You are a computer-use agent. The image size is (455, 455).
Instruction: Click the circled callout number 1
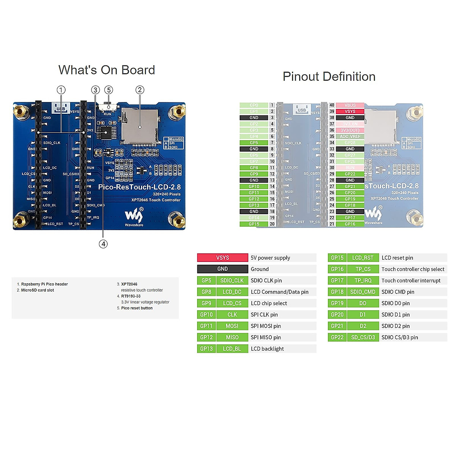[61, 90]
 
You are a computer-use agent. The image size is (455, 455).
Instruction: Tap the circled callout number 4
[103, 244]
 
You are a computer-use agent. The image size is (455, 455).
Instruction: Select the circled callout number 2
[140, 90]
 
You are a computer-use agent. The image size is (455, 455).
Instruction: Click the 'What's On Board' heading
[107, 70]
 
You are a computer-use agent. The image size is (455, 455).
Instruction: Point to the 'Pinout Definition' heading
[329, 77]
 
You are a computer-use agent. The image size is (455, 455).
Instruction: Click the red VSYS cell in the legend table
[223, 258]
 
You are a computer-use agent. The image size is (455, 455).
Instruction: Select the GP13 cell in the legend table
[206, 349]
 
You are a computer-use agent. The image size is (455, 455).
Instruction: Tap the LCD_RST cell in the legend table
[362, 258]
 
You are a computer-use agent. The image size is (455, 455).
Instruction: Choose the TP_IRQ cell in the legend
[362, 281]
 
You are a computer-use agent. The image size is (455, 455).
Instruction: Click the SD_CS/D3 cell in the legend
[362, 337]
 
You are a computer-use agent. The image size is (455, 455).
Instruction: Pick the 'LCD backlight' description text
[267, 349]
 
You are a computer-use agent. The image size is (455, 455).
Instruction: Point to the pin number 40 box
[332, 105]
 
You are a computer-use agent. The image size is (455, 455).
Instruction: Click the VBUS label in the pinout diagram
[350, 105]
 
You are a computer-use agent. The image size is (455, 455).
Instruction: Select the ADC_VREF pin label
[350, 136]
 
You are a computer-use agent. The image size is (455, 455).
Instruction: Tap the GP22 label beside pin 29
[350, 174]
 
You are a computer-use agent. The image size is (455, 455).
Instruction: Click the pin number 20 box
[272, 224]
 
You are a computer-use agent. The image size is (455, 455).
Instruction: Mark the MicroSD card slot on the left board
[139, 125]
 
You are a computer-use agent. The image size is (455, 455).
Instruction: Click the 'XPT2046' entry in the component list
[129, 284]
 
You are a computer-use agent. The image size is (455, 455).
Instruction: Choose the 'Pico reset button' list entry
[137, 308]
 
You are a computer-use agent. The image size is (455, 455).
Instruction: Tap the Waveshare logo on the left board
[134, 217]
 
